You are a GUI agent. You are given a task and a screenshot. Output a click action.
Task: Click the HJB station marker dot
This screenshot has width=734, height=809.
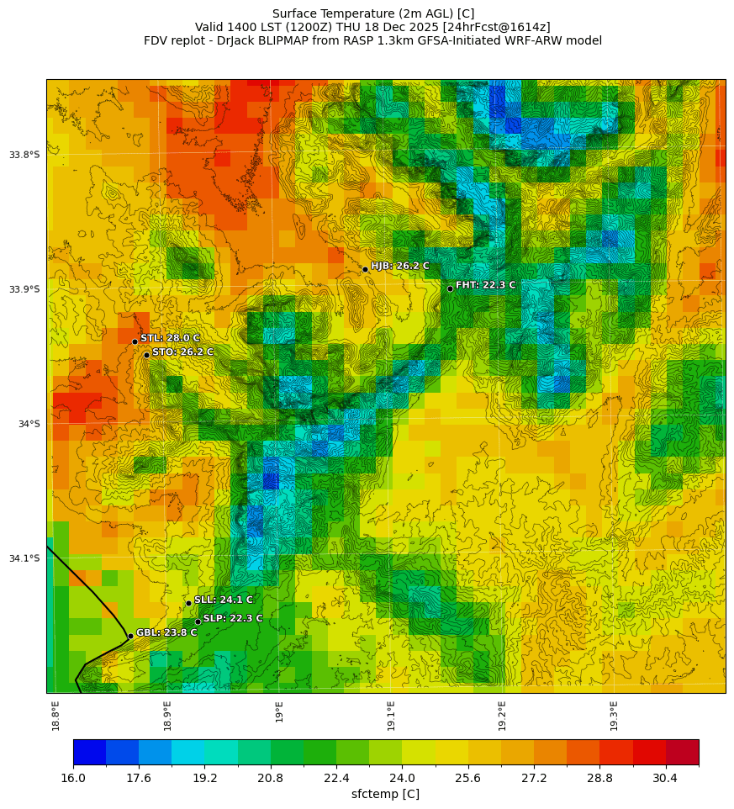tap(365, 269)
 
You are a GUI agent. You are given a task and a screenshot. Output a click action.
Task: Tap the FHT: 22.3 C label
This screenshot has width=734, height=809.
tap(485, 285)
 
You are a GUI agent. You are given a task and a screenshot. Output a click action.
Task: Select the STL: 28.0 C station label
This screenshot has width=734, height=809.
tap(170, 338)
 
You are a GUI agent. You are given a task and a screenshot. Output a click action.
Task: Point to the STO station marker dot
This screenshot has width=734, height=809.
tap(146, 355)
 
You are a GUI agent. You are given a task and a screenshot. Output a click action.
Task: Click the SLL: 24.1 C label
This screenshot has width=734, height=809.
tap(223, 600)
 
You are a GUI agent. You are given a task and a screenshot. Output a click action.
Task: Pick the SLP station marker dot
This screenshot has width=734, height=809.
tap(198, 621)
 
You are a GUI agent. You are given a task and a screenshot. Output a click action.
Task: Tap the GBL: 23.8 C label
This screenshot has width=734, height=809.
tap(166, 632)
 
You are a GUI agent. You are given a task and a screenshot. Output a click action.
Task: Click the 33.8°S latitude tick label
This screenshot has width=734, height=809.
tap(24, 155)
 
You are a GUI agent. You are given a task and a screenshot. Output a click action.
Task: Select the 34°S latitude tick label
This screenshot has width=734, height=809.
tap(29, 424)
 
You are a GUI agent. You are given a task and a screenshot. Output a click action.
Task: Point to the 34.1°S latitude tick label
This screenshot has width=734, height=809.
tap(24, 558)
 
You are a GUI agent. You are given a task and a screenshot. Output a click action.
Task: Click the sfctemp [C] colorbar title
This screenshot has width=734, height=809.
tap(385, 794)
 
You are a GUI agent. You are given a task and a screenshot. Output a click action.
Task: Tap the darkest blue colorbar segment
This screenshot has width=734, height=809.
tap(89, 752)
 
